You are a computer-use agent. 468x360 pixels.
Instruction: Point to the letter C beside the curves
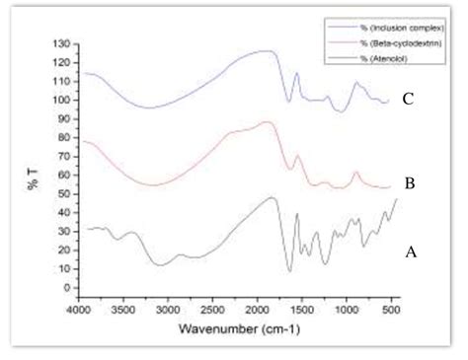pos(408,100)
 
